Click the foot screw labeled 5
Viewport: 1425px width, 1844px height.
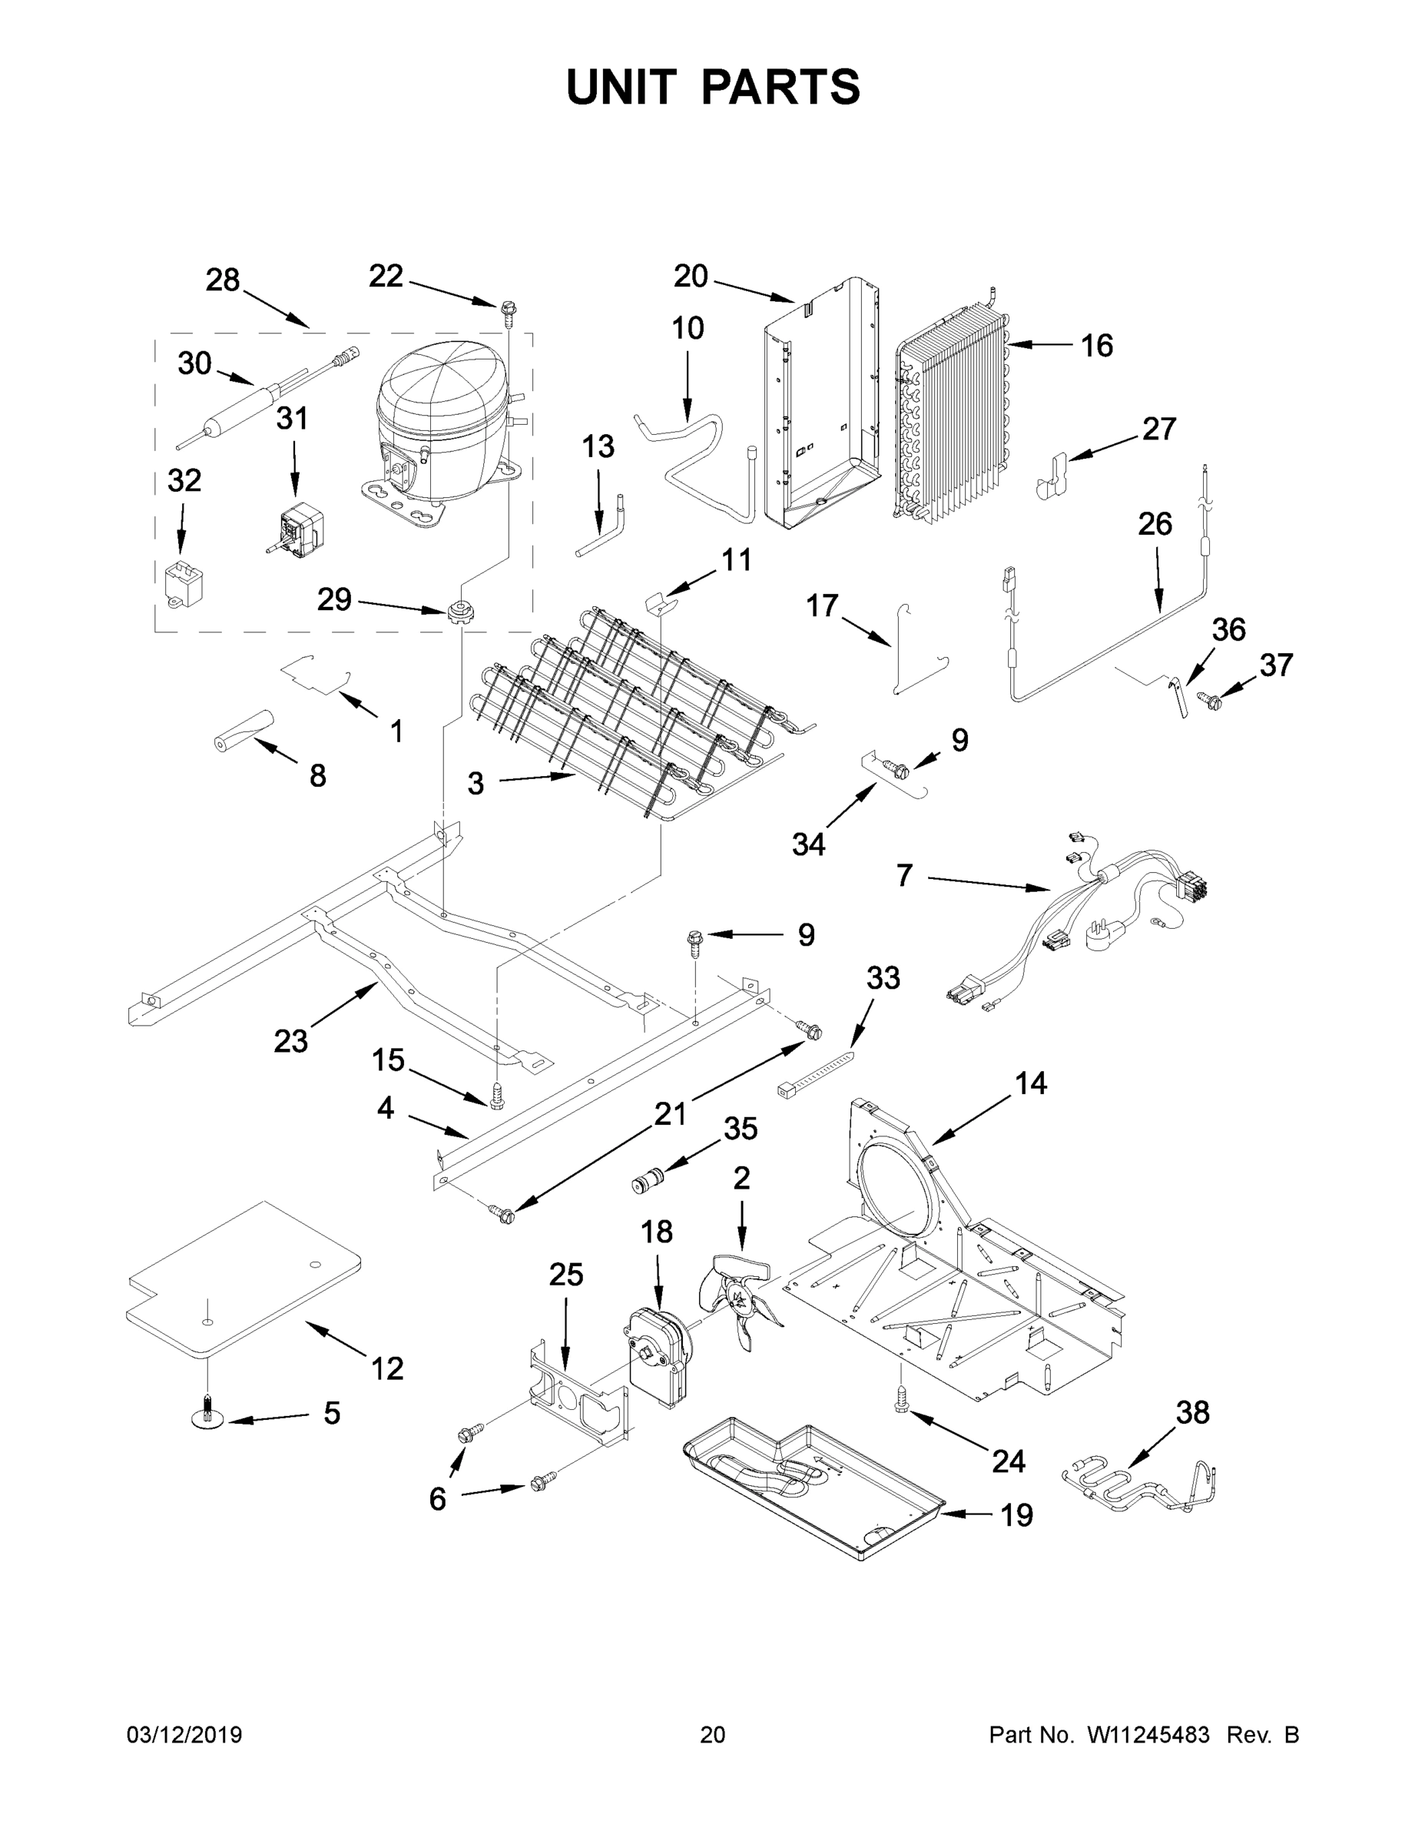[207, 1421]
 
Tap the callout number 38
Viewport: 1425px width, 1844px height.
[1192, 1411]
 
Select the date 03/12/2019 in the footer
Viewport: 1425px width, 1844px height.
[184, 1734]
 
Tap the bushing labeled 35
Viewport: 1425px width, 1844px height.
[648, 1179]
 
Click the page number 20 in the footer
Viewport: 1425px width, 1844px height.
[713, 1734]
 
